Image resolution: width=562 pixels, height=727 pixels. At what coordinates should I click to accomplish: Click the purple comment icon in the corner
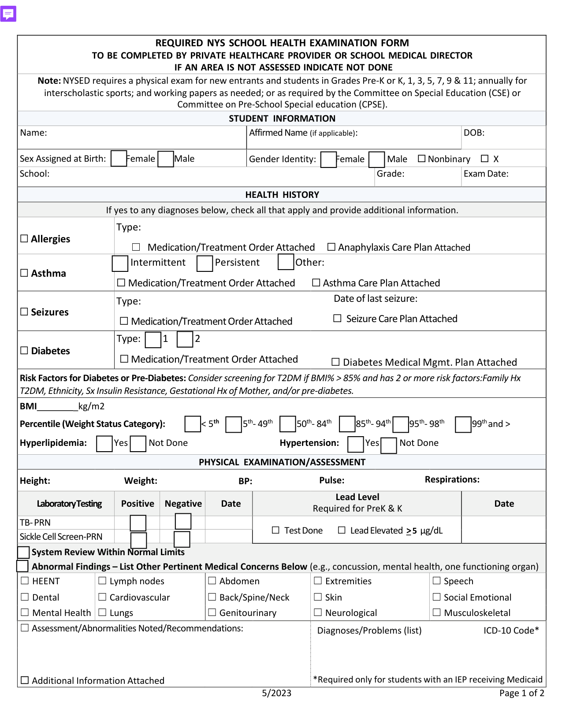[8, 14]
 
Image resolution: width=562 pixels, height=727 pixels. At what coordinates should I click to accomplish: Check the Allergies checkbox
[25, 238]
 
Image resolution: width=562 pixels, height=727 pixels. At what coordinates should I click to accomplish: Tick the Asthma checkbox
[25, 273]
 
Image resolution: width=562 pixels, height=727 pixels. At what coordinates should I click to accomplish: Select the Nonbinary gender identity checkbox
[421, 159]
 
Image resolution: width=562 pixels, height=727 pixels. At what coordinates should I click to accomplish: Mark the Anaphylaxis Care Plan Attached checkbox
[331, 247]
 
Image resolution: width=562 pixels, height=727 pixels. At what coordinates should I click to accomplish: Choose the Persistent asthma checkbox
[205, 263]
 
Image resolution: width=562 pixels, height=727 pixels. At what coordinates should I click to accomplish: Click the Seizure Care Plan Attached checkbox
[337, 318]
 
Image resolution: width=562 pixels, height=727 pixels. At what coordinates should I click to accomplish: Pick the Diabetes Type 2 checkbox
[185, 339]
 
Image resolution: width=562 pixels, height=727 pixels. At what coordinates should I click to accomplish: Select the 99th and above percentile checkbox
[463, 424]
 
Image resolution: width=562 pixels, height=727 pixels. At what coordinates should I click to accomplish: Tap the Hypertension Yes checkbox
[355, 444]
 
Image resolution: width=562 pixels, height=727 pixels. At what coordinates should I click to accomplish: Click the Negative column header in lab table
[183, 504]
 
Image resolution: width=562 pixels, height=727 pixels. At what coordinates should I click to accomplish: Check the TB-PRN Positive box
[138, 523]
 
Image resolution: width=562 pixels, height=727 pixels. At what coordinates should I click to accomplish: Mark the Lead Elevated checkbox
[342, 530]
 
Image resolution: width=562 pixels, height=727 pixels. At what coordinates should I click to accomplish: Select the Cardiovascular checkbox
[102, 597]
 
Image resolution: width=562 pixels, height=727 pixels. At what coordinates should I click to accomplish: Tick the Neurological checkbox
[318, 612]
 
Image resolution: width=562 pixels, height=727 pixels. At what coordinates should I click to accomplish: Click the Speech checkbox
[436, 581]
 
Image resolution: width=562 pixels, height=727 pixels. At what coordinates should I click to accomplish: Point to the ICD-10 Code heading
[510, 631]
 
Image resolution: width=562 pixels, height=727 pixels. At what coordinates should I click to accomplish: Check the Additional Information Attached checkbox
[25, 680]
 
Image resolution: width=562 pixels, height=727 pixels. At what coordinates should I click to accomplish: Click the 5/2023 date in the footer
[276, 693]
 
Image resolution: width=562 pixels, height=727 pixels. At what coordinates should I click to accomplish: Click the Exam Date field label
[486, 174]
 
